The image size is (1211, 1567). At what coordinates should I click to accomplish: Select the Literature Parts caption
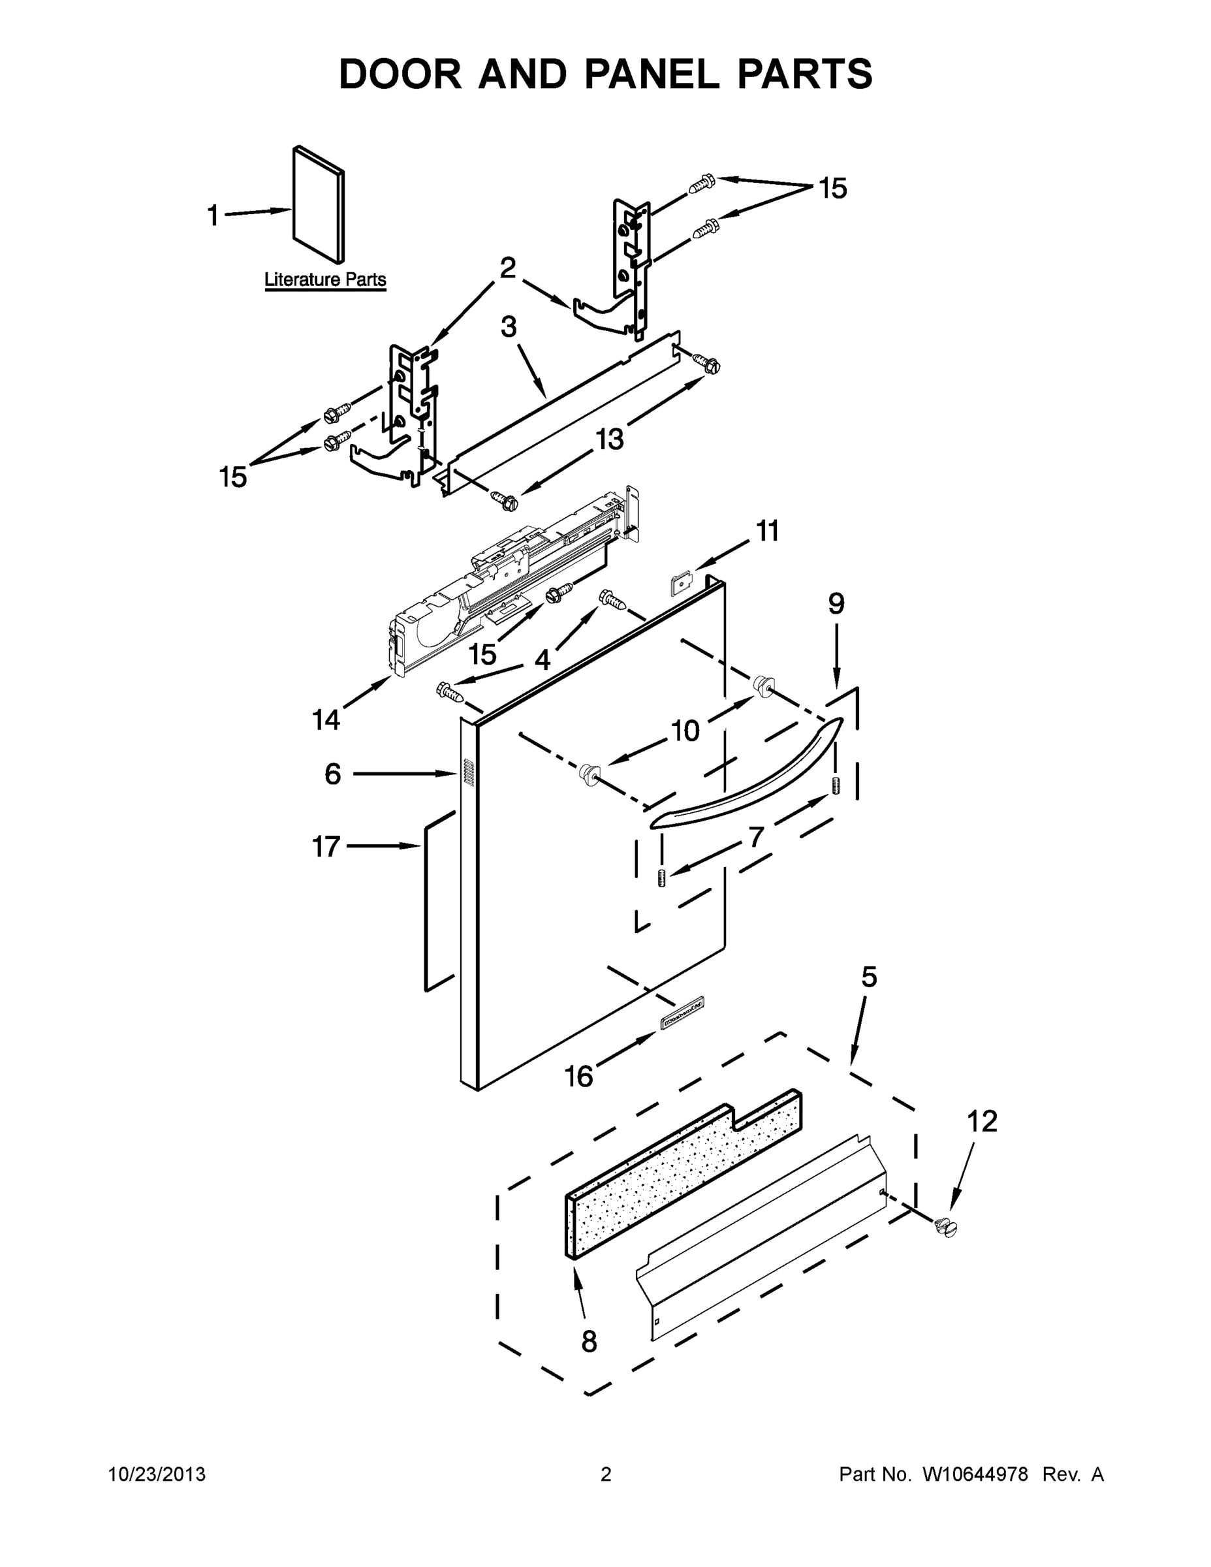pyautogui.click(x=325, y=280)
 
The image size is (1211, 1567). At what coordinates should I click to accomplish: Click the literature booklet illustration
pyautogui.click(x=319, y=204)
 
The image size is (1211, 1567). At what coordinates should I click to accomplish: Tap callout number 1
pyautogui.click(x=213, y=215)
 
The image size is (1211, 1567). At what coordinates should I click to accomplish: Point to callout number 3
pyautogui.click(x=508, y=327)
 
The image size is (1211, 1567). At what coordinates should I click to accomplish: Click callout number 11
pyautogui.click(x=767, y=531)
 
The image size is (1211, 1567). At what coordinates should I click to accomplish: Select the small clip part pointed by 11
pyautogui.click(x=680, y=582)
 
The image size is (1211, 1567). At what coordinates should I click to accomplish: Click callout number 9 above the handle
pyautogui.click(x=836, y=604)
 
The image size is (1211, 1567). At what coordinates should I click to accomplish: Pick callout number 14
pyautogui.click(x=326, y=719)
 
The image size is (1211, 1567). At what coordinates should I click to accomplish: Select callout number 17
pyautogui.click(x=325, y=847)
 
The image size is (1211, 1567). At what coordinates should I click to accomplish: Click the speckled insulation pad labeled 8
pyautogui.click(x=682, y=1177)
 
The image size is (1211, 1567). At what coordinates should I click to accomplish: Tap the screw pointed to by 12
pyautogui.click(x=947, y=1228)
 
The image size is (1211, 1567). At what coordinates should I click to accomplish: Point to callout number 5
pyautogui.click(x=869, y=977)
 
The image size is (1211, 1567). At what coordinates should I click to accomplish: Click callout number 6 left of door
pyautogui.click(x=332, y=774)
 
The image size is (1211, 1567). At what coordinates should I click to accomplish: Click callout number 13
pyautogui.click(x=610, y=438)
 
